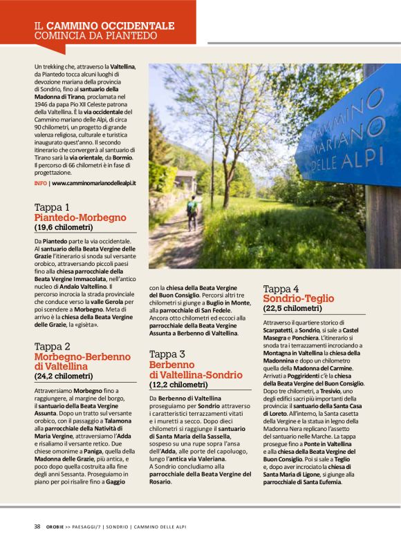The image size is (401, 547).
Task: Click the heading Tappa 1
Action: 52,207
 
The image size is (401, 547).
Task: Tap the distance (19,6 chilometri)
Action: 63,227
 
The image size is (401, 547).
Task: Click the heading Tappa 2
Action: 53,347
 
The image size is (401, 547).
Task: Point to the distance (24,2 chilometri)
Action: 63,376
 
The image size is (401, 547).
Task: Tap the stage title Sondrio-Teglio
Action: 298,299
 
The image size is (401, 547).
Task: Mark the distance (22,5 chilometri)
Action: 292,309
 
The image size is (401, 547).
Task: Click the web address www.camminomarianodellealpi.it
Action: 94,184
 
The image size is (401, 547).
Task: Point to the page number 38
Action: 37,526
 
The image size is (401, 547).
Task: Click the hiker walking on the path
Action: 192,213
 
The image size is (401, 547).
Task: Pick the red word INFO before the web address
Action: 40,184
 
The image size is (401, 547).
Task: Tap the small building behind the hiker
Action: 185,180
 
